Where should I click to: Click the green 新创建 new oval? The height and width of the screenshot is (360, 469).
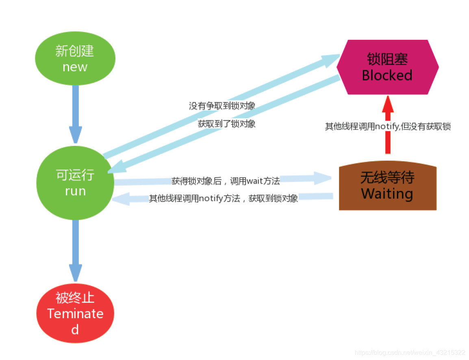[75, 59]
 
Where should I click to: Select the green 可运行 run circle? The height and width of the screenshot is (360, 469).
[75, 183]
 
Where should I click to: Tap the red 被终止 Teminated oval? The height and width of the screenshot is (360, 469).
[75, 313]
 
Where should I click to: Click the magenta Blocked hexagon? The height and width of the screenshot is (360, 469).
[387, 67]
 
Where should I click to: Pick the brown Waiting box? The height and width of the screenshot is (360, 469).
[388, 187]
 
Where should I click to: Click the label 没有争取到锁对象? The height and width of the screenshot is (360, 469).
[222, 106]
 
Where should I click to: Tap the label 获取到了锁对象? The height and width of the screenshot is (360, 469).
[226, 124]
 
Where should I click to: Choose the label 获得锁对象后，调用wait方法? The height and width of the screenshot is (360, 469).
[226, 181]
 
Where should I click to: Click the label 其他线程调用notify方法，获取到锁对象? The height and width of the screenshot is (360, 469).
[224, 199]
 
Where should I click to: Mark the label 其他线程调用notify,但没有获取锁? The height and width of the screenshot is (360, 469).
[388, 126]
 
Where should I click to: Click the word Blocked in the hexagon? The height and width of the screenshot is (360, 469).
[387, 76]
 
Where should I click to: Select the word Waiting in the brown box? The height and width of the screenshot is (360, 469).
[387, 193]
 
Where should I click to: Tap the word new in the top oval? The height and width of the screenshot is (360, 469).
[75, 67]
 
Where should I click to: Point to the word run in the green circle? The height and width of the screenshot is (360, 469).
[75, 191]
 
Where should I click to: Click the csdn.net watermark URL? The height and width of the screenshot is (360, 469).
[410, 352]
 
